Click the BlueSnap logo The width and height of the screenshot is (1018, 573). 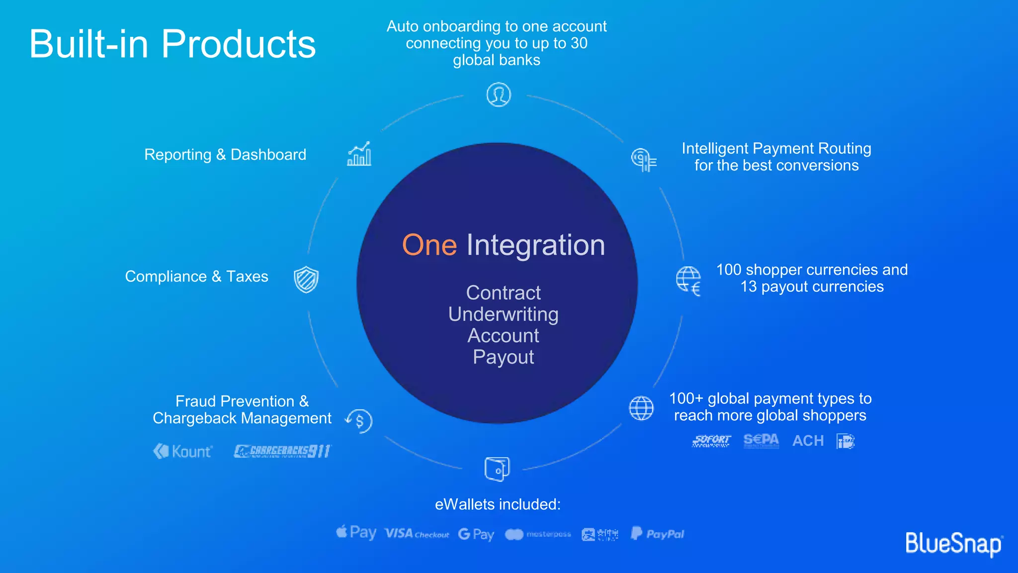coord(953,543)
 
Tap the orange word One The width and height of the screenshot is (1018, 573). coord(429,245)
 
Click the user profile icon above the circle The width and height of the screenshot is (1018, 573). coord(498,95)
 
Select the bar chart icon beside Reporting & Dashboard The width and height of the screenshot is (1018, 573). coord(359,154)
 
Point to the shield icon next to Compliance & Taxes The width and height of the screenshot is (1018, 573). coord(306,279)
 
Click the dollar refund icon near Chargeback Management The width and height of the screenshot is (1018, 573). coord(359,421)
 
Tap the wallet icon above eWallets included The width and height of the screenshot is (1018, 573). coord(497,469)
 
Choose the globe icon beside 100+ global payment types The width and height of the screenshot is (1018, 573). coord(641,408)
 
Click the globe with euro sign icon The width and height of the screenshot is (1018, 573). coord(688,281)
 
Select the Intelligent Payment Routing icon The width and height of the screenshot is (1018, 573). coord(644,160)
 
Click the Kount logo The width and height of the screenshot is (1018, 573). coord(182,451)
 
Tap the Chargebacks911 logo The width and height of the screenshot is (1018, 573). coord(282,451)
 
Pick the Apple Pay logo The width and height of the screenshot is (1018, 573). coord(356,533)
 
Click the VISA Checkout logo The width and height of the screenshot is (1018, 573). coord(417,534)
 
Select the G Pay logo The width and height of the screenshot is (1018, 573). coord(476,534)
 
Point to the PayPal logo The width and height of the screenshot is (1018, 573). coord(657,534)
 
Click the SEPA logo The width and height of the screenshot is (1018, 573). coord(761,440)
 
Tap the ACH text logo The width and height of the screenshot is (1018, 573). coord(808,441)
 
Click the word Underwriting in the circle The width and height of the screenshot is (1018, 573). coord(503,314)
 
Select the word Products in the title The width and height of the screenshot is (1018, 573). coord(239,44)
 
